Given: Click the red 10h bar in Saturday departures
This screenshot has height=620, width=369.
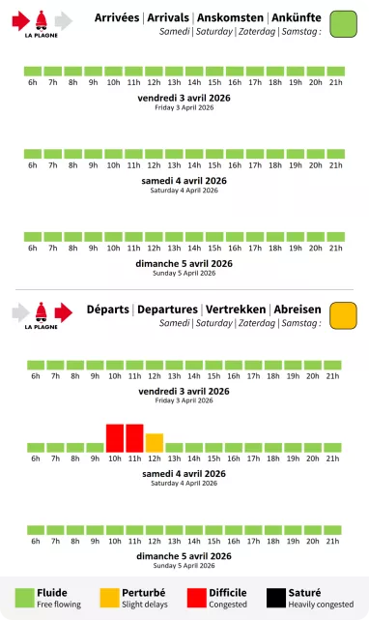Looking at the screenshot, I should [114, 437].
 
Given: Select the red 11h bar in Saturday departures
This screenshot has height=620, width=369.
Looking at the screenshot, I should [134, 437].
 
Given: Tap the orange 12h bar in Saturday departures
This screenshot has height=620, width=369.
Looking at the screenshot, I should [155, 442].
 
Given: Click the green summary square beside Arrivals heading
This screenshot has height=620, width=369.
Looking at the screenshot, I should [343, 24].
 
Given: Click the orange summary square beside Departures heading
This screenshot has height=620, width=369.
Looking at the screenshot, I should [343, 315].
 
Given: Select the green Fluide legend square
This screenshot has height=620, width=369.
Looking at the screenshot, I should [24, 597].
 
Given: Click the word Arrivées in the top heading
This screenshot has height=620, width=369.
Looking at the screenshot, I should [117, 17].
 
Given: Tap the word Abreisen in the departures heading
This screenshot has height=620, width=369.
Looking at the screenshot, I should [298, 309].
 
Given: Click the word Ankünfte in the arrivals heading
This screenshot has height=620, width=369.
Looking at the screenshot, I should [295, 17].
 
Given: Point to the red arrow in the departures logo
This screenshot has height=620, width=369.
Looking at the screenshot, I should [64, 310].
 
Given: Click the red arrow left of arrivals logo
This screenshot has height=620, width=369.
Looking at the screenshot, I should [22, 19].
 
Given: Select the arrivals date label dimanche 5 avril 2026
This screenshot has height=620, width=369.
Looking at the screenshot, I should [184, 263].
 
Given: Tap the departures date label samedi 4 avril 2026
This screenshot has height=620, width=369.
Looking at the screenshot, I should [184, 474].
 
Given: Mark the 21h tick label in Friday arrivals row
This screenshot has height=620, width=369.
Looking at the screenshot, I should [336, 83].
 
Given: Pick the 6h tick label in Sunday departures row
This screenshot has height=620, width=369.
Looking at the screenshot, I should [36, 542].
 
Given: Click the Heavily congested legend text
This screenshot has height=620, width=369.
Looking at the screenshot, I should [321, 605].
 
